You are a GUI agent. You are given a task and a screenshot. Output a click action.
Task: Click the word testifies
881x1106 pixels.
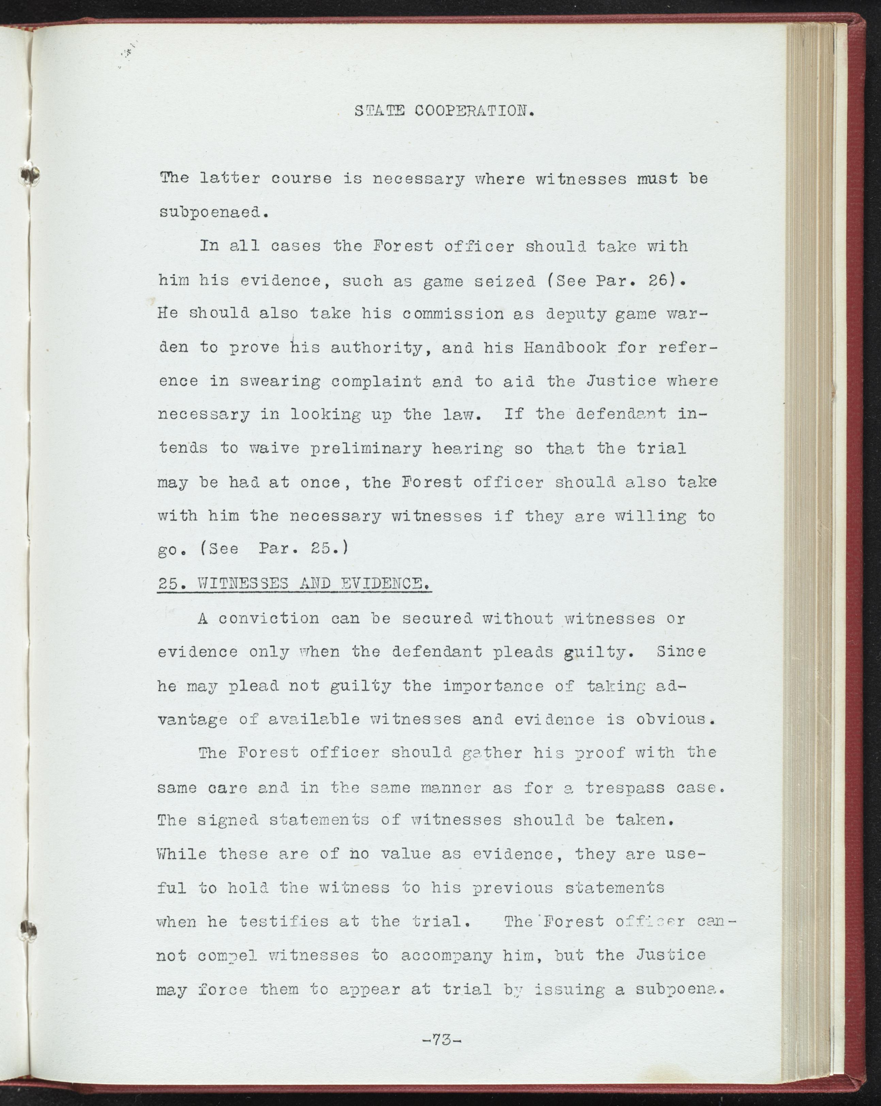click(x=284, y=922)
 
